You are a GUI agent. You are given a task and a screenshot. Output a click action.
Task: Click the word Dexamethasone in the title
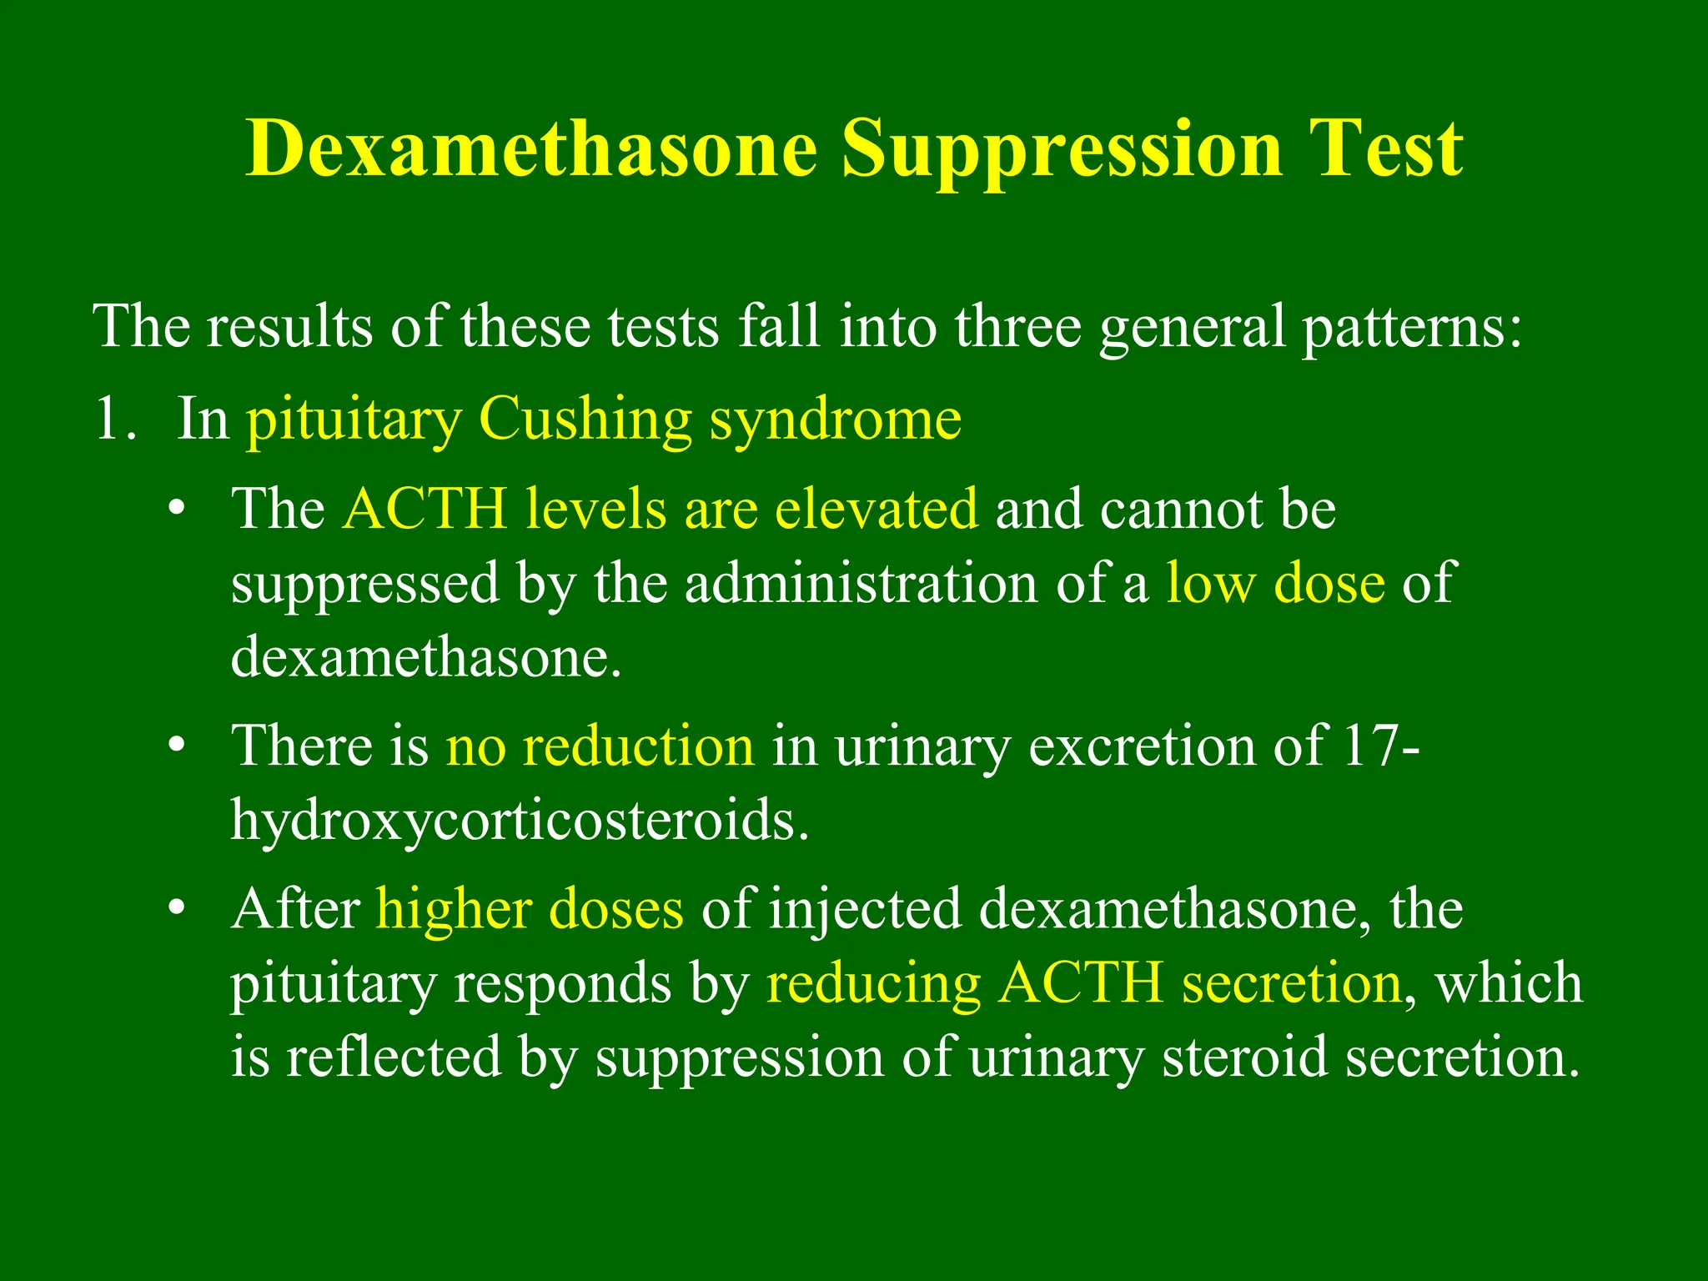pyautogui.click(x=531, y=148)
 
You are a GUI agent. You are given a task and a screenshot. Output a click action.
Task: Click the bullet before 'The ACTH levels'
pyautogui.click(x=175, y=510)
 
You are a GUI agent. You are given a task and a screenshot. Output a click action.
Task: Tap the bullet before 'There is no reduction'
pyautogui.click(x=175, y=746)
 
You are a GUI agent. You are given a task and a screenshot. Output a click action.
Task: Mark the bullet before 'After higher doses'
pyautogui.click(x=175, y=909)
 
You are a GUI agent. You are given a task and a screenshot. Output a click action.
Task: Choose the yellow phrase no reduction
pyautogui.click(x=600, y=746)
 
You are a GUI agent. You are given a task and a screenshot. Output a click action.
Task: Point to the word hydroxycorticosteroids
pyautogui.click(x=520, y=821)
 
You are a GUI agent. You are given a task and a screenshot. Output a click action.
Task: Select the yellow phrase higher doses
pyautogui.click(x=530, y=909)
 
